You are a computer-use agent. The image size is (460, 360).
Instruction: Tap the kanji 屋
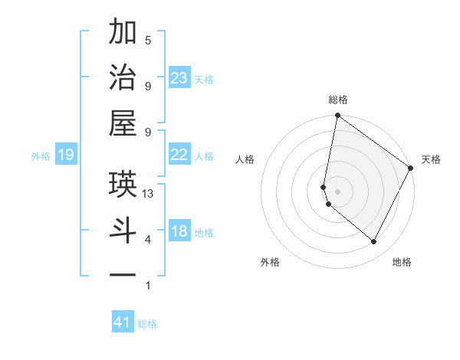click(123, 123)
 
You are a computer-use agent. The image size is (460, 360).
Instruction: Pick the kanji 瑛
click(123, 184)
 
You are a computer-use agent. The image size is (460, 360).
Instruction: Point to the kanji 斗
click(123, 230)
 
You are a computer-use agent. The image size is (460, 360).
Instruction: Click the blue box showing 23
click(179, 78)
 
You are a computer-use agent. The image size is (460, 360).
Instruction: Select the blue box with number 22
click(179, 155)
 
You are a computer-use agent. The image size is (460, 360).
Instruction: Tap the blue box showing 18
click(179, 232)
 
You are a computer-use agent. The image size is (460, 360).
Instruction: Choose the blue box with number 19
click(65, 155)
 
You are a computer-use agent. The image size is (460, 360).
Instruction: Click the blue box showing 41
click(123, 323)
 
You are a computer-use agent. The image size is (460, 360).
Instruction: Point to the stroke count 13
click(148, 194)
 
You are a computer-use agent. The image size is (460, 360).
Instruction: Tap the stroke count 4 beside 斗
click(148, 240)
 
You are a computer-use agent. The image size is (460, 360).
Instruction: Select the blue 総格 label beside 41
click(148, 324)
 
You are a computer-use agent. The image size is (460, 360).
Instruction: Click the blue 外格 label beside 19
click(41, 156)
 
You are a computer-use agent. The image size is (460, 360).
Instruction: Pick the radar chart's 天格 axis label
click(431, 159)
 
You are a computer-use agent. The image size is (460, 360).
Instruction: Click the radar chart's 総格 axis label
click(338, 100)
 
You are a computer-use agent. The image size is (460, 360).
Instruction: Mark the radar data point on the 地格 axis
click(373, 242)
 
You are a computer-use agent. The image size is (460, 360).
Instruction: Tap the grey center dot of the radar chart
click(338, 191)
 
